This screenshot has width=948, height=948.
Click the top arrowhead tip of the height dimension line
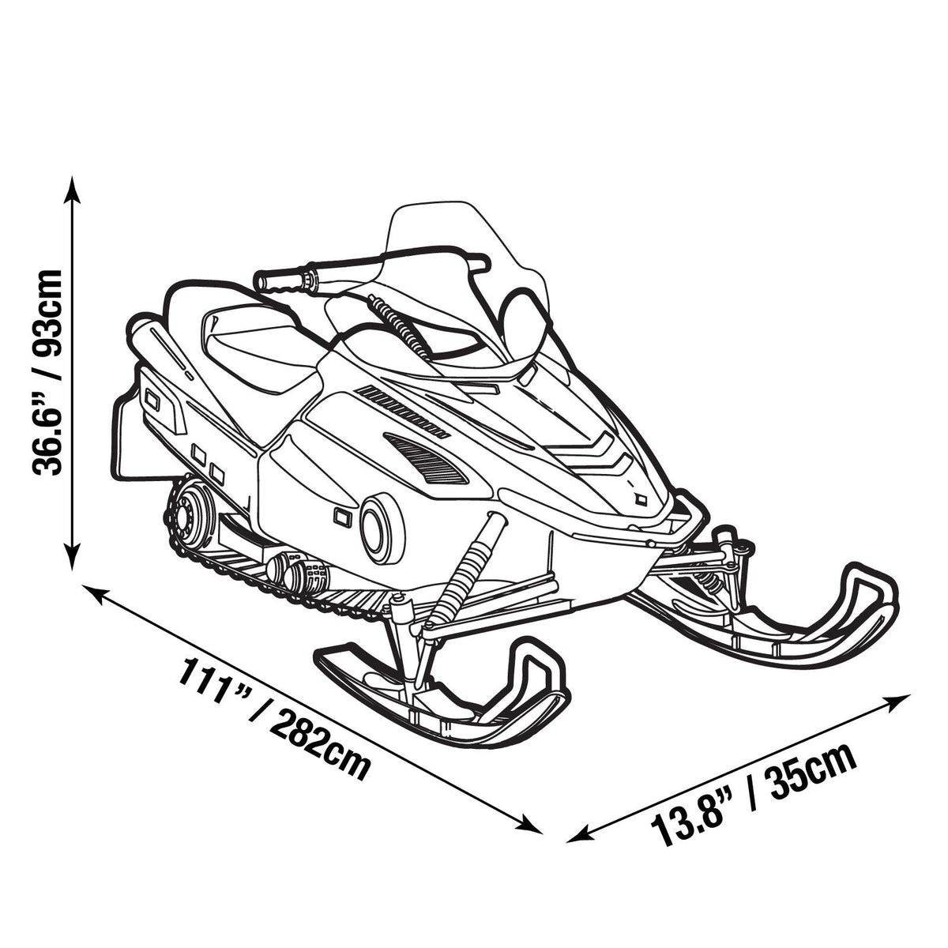73,176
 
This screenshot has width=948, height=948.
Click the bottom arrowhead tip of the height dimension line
73,570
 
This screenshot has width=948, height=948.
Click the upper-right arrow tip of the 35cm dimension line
911,695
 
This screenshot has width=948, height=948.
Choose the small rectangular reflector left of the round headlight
342,517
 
